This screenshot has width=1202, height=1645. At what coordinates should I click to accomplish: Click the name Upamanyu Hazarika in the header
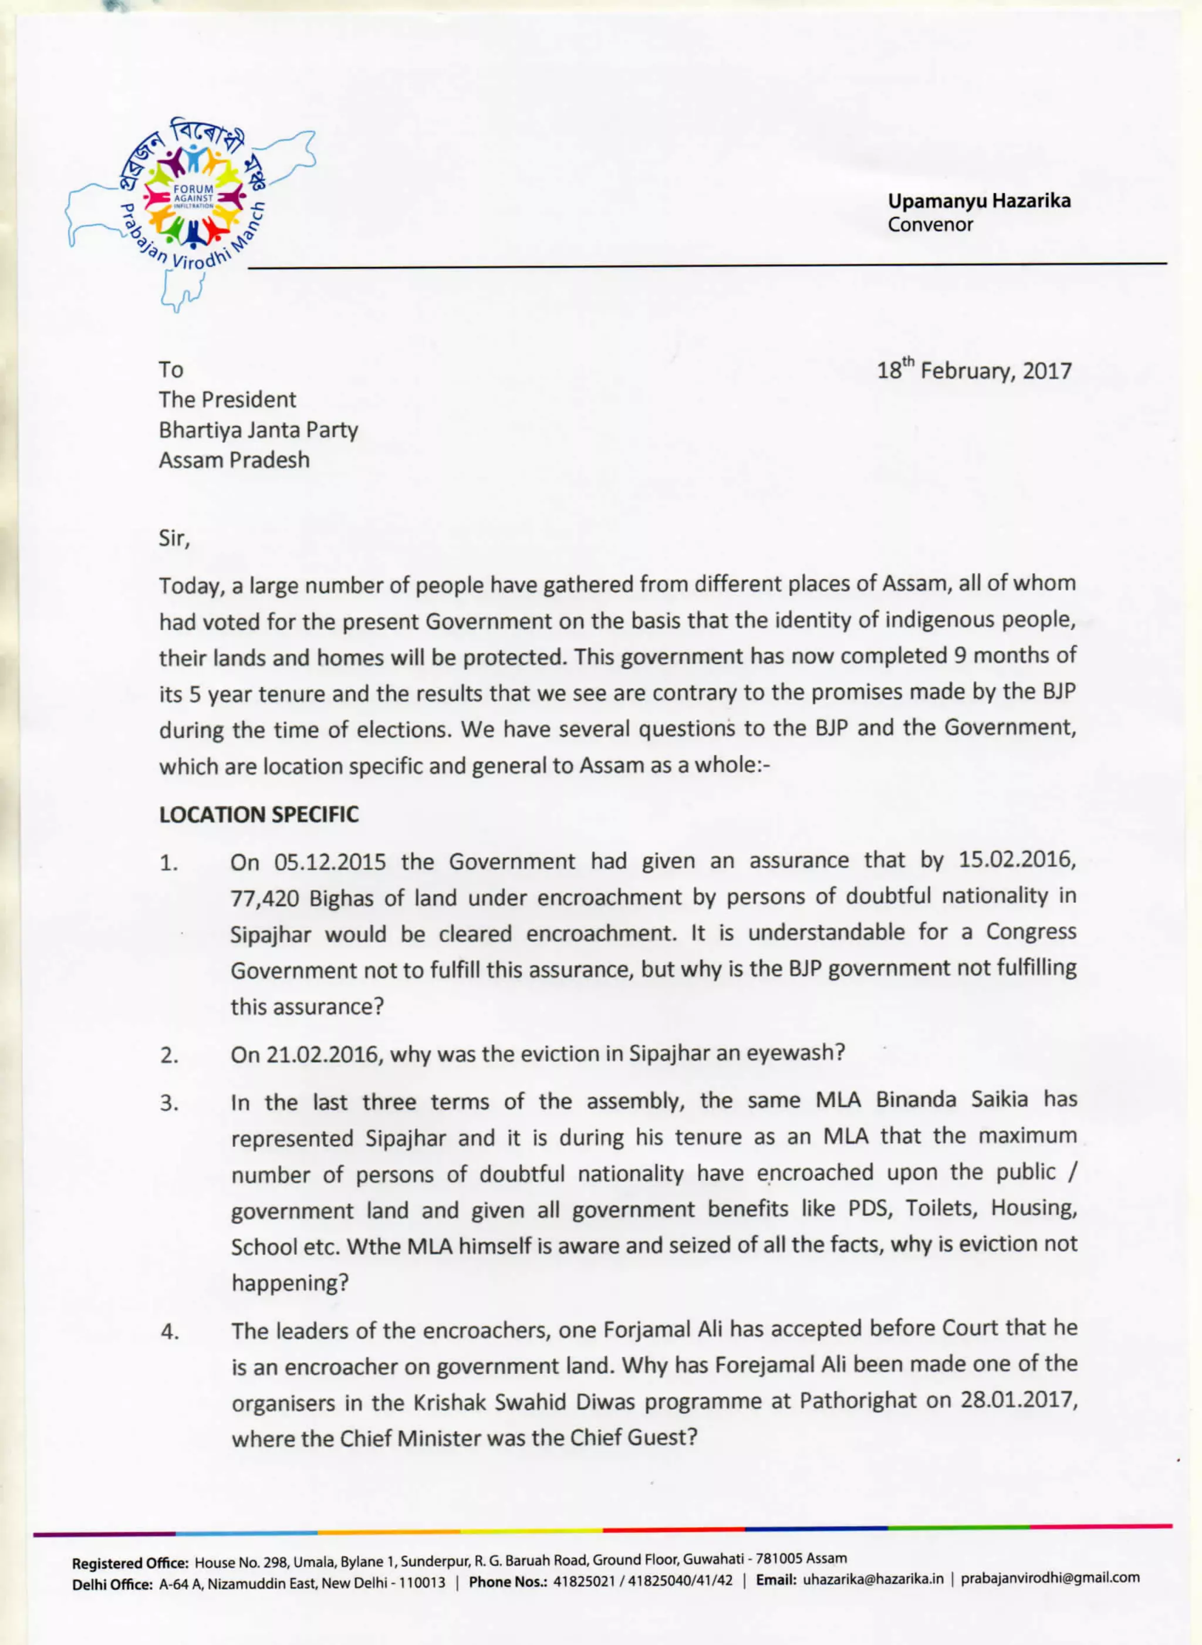[x=978, y=201]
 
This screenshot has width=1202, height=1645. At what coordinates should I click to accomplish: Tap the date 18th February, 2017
[x=974, y=370]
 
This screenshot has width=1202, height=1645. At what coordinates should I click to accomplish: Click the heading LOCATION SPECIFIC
[x=259, y=815]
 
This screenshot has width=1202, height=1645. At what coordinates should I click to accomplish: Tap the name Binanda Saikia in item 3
[x=952, y=1099]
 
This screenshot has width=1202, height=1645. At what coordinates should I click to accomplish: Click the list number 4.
[x=169, y=1333]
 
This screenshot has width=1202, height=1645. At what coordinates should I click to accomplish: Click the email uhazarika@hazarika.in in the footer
[x=873, y=1578]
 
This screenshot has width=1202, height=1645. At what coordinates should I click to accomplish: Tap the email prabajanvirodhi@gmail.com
[x=1050, y=1578]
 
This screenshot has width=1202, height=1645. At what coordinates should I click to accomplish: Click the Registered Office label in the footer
[x=130, y=1563]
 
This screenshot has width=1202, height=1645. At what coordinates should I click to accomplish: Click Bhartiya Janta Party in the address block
[x=258, y=430]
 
